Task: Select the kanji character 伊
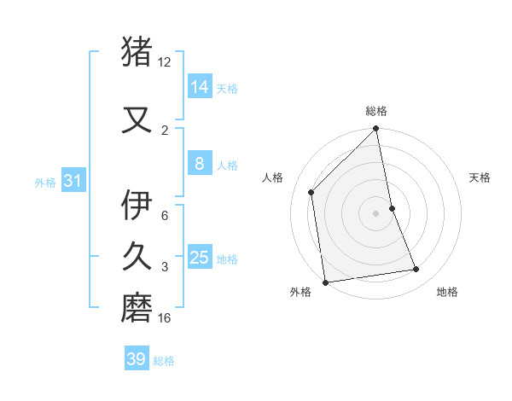pyautogui.click(x=137, y=206)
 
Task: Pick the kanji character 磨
pyautogui.click(x=137, y=306)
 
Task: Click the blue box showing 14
pyautogui.click(x=200, y=86)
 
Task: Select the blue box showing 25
pyautogui.click(x=200, y=258)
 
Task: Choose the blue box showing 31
pyautogui.click(x=73, y=181)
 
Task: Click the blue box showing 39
pyautogui.click(x=137, y=359)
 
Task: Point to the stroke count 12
pyautogui.click(x=164, y=62)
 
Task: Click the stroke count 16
pyautogui.click(x=165, y=318)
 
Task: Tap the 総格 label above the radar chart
pyautogui.click(x=376, y=111)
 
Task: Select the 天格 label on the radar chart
pyautogui.click(x=480, y=177)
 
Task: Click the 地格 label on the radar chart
pyautogui.click(x=447, y=292)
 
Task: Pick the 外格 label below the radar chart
pyautogui.click(x=300, y=292)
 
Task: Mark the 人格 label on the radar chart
pyautogui.click(x=272, y=177)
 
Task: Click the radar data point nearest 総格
pyautogui.click(x=376, y=130)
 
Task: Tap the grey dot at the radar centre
pyautogui.click(x=375, y=212)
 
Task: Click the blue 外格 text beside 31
pyautogui.click(x=44, y=182)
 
